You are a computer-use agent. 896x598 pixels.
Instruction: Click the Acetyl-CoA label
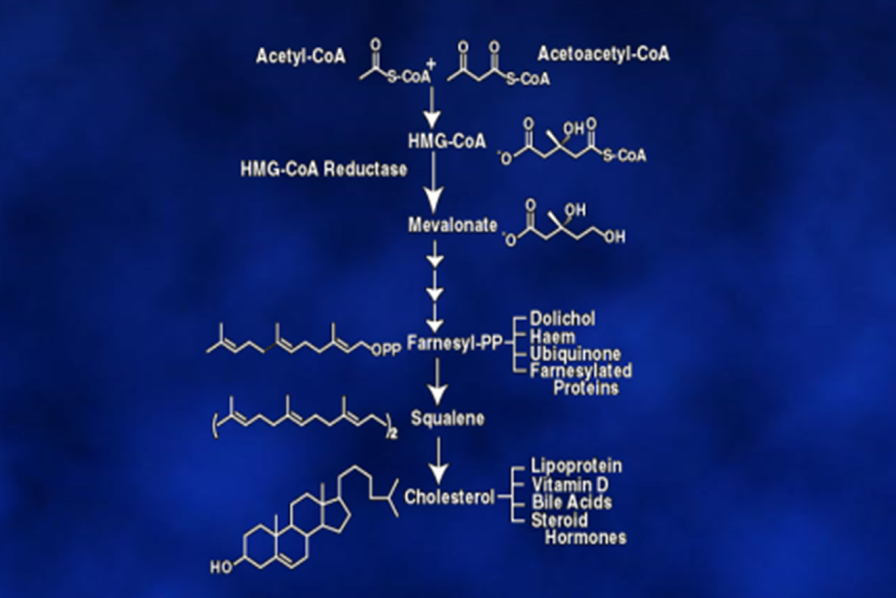[300, 56]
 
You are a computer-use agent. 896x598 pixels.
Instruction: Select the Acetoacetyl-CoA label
[603, 54]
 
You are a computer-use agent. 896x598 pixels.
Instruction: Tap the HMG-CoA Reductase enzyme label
[324, 169]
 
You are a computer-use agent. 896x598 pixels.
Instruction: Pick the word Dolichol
[562, 318]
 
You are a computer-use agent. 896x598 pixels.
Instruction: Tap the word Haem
[549, 335]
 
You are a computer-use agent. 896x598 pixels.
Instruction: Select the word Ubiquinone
[575, 353]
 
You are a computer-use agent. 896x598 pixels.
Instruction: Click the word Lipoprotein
[576, 466]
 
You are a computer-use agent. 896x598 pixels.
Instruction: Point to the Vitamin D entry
[570, 484]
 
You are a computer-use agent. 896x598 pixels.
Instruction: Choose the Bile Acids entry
[572, 501]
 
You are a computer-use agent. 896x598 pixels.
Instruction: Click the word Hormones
[585, 537]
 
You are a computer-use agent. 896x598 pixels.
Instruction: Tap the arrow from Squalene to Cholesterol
[438, 460]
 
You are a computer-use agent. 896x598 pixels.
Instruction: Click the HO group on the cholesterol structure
[221, 566]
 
